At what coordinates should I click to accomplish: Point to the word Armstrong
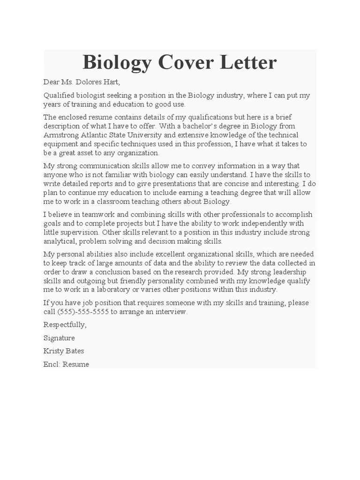pyautogui.click(x=61, y=135)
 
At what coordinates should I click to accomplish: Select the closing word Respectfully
pyautogui.click(x=65, y=325)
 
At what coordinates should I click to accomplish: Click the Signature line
pyautogui.click(x=59, y=338)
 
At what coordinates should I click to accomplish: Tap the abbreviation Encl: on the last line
pyautogui.click(x=52, y=364)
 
